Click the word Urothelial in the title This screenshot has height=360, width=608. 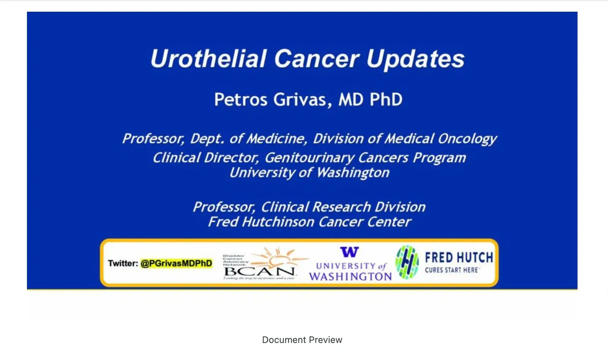[x=208, y=58]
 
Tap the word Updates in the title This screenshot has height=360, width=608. [x=415, y=59]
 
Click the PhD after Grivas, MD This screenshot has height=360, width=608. [x=386, y=100]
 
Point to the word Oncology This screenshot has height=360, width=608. [x=467, y=139]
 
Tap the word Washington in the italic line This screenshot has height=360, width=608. [x=353, y=173]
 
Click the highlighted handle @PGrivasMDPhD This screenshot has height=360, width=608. [x=176, y=263]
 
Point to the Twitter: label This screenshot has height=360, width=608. [x=123, y=263]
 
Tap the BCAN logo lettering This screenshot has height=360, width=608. [x=259, y=272]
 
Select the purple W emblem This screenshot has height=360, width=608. [x=349, y=252]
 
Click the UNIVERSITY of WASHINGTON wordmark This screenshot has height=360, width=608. [x=350, y=272]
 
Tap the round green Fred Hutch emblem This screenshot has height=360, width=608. [x=407, y=262]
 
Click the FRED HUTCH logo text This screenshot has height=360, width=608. [x=459, y=258]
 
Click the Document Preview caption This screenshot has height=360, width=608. [x=302, y=340]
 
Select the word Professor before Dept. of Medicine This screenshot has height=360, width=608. [x=153, y=139]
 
